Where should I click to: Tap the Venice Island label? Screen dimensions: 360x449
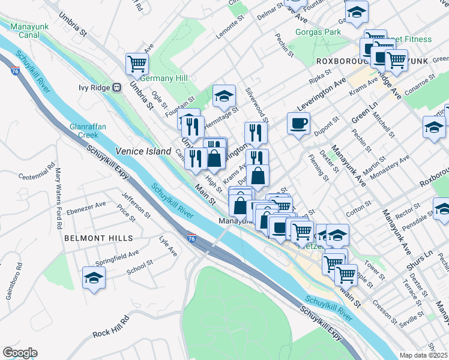pyautogui.click(x=143, y=152)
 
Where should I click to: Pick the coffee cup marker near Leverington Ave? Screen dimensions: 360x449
pyautogui.click(x=298, y=124)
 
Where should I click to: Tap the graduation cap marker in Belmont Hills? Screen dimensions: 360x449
pyautogui.click(x=94, y=278)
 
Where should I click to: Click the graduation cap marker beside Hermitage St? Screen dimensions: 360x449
pyautogui.click(x=224, y=95)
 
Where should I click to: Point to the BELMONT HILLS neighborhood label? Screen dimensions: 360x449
pyautogui.click(x=98, y=238)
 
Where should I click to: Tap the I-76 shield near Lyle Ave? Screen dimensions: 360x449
pyautogui.click(x=191, y=238)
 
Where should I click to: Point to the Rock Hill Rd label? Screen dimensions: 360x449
pyautogui.click(x=110, y=326)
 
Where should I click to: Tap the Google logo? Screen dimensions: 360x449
pyautogui.click(x=20, y=353)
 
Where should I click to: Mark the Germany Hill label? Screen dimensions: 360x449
pyautogui.click(x=164, y=78)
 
